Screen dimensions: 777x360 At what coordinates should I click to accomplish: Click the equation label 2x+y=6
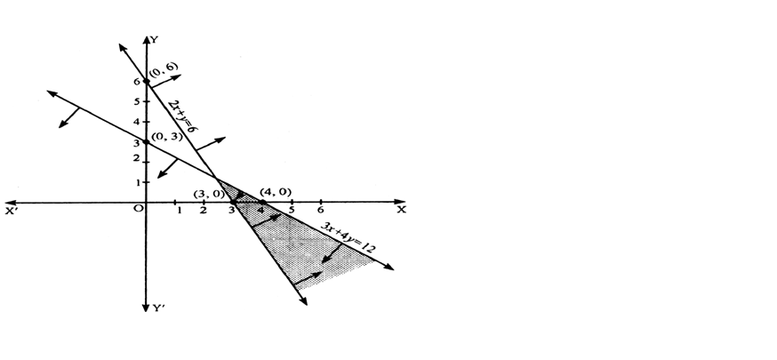pos(183,116)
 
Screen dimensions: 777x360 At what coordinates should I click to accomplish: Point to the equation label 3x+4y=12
pos(348,237)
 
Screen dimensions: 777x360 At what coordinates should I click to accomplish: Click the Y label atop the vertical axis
pos(155,40)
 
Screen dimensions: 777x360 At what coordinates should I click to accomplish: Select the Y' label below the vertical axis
pos(158,308)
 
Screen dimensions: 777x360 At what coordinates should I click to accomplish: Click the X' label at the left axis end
pos(11,211)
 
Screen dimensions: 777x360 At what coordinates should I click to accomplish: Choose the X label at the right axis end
pos(401,210)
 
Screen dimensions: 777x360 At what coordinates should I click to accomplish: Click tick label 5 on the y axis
pos(137,101)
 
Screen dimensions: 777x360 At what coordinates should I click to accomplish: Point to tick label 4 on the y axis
pos(137,122)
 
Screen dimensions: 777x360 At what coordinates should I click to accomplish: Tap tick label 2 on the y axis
pos(136,158)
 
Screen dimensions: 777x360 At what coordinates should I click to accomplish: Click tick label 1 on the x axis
pos(179,211)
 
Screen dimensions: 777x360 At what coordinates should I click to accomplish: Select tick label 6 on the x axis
pos(321,210)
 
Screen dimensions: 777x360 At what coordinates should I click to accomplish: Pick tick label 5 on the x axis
pos(292,210)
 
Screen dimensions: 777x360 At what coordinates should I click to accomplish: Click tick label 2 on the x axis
pos(204,211)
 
